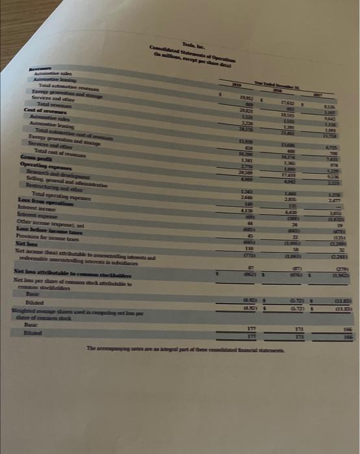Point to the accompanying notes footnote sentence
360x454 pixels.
pyautogui.click(x=180, y=349)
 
